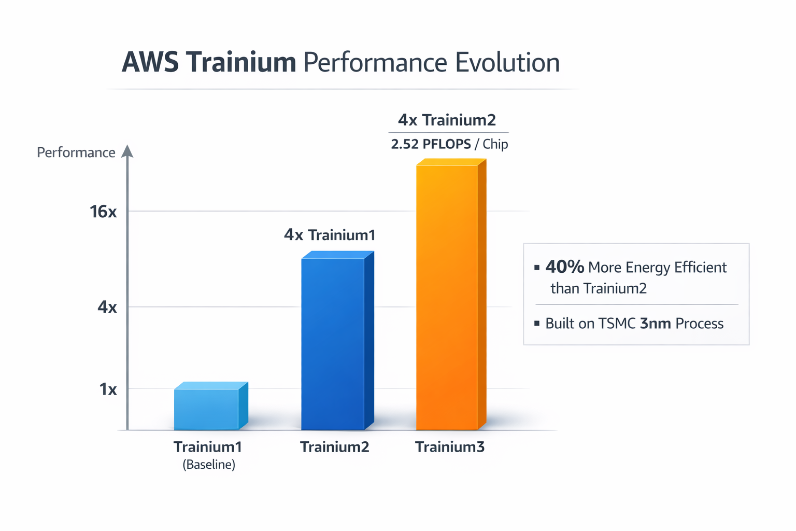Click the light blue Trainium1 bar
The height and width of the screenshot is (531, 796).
coord(207,409)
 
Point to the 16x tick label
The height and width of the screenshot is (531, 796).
coord(103,212)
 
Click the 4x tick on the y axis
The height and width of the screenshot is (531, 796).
coord(107,307)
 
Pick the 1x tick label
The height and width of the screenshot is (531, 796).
coord(108,389)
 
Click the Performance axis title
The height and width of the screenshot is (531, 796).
coord(76,152)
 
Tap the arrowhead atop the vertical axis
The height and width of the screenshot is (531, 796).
coord(127,151)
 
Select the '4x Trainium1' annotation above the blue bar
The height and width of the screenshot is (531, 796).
coord(330,235)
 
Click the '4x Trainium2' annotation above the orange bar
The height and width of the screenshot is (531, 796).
coord(447,120)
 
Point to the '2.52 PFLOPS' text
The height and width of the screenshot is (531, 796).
coord(431,144)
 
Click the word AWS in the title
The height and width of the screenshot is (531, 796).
coord(150,62)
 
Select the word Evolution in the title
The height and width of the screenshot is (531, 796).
coord(507,62)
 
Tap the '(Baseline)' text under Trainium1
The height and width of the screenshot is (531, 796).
coord(209,464)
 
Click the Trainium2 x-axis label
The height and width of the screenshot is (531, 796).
coord(335,446)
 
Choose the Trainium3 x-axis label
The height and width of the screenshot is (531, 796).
coord(450,446)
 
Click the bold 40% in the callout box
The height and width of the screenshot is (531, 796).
coord(564,267)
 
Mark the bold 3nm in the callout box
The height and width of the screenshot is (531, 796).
coord(656,323)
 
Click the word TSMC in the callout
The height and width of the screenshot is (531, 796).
coord(617,323)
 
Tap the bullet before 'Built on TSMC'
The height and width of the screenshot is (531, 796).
coord(537,323)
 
